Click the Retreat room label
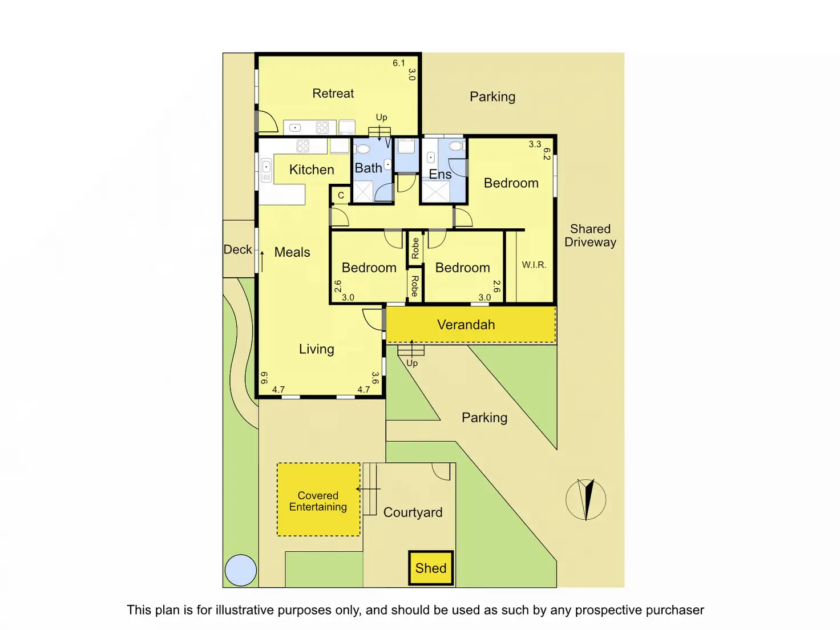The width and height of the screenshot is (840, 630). coord(333,93)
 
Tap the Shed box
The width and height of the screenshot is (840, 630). coord(431,568)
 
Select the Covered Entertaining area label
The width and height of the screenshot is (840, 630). coord(318,501)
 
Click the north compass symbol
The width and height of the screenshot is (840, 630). coord(586,499)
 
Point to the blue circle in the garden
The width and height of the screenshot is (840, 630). coord(240,570)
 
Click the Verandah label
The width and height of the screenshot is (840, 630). coord(466,325)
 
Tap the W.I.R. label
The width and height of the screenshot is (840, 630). coord(534,265)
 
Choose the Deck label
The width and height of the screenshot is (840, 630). coord(237,249)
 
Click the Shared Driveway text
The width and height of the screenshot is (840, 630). coord(590,235)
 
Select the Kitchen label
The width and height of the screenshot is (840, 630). coord(312,169)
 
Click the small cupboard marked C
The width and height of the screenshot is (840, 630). coord(341,195)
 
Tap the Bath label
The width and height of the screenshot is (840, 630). coord(368,168)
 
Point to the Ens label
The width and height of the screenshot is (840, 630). coord(440,174)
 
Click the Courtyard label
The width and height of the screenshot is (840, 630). coord(413,512)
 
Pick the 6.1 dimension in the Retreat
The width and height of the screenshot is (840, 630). coord(398,63)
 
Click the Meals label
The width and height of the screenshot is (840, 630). coord(292,252)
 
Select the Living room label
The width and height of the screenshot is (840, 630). coord(316,349)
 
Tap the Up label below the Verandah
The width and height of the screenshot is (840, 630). coord(412,363)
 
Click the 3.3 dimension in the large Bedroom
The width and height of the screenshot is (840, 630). coord(535,144)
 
